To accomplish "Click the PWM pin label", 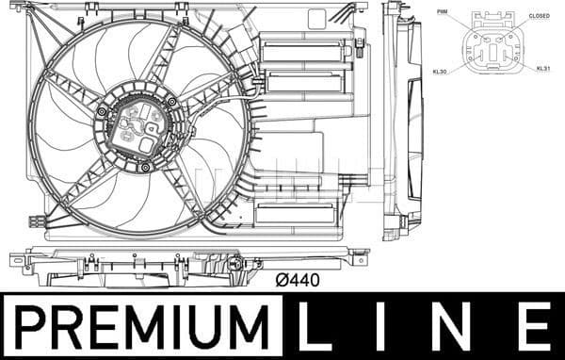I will click(x=443, y=11).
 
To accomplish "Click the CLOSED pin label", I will click(x=539, y=16).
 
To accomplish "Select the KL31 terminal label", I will click(x=543, y=69).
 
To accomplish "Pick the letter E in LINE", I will click(x=535, y=327).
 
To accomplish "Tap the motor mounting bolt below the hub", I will click(x=144, y=168).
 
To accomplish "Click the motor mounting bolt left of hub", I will click(x=102, y=111).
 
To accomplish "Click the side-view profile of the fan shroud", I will click(x=404, y=118).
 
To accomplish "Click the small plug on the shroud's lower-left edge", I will click(x=37, y=221).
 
